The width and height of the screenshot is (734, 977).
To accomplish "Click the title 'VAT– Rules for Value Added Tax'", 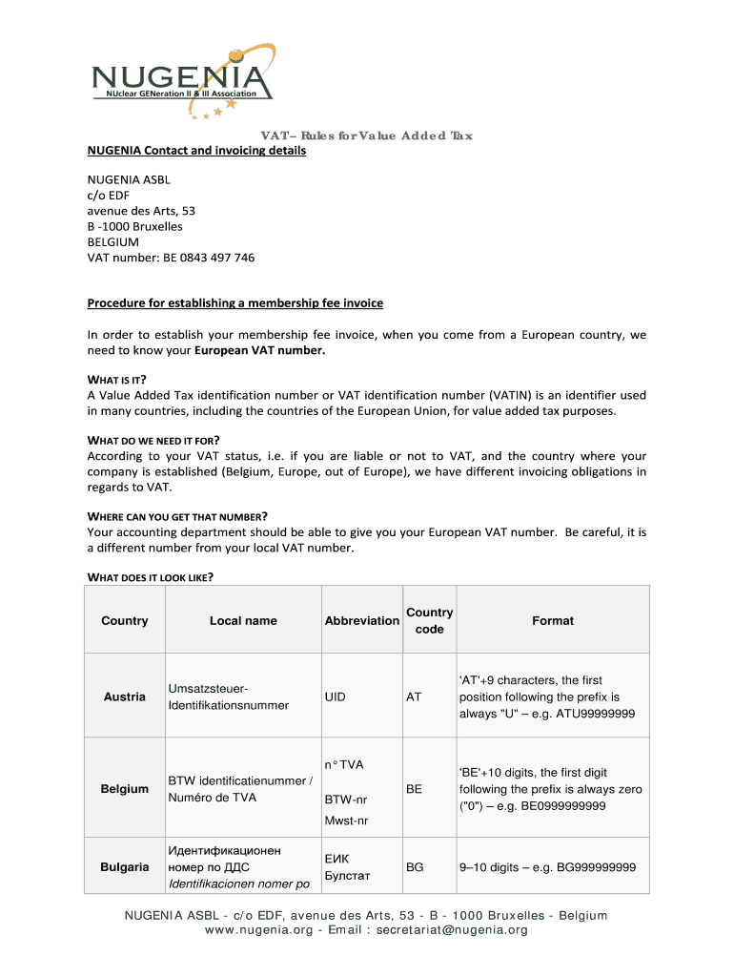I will tap(367, 135).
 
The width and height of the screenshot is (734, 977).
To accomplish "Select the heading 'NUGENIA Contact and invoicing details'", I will tap(196, 151).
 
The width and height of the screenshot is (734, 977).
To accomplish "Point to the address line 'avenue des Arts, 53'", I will tap(141, 210).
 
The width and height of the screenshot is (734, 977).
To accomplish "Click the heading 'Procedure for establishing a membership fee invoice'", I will tap(235, 303).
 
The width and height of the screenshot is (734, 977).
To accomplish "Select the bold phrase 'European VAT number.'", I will tap(260, 351).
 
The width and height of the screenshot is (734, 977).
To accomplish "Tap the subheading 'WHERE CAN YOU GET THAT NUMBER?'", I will tap(177, 516).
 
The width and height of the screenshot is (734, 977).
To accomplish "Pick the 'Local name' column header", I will tap(243, 621).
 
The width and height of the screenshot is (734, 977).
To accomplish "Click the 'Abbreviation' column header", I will tap(361, 621).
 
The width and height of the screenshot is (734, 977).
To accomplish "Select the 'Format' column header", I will tap(553, 621).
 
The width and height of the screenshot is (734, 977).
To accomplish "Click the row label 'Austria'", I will tap(124, 696).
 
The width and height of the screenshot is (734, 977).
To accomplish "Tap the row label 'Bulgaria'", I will tap(124, 867).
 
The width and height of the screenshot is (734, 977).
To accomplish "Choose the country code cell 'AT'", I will tap(414, 696).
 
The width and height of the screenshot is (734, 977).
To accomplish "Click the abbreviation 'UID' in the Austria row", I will tap(335, 696).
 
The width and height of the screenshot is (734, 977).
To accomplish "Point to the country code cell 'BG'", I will tap(415, 867).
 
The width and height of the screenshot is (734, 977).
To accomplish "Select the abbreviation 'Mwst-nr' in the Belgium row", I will tap(346, 821).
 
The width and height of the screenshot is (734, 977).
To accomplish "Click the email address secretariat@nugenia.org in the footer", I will tap(453, 930).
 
